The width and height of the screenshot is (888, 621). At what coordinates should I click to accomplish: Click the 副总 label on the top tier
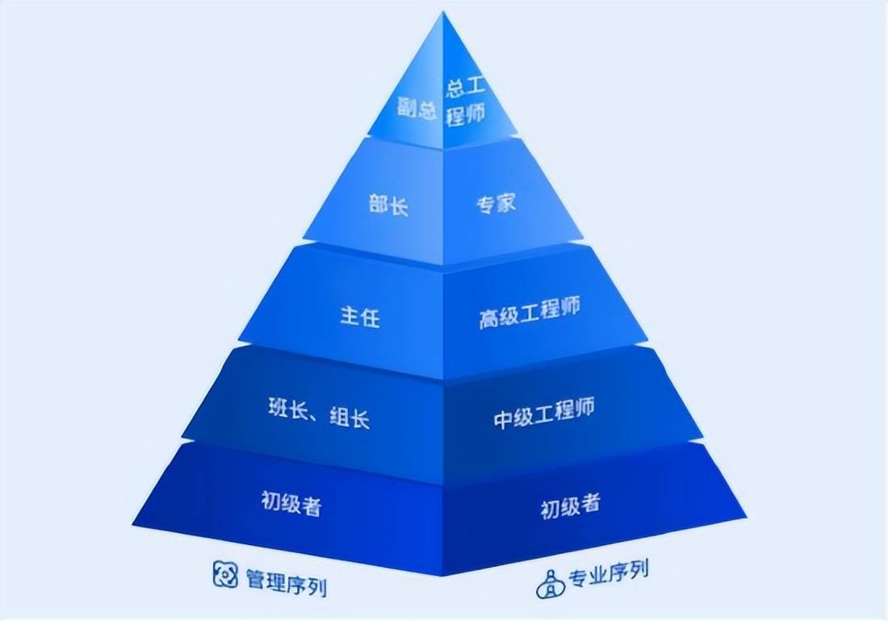coord(417,107)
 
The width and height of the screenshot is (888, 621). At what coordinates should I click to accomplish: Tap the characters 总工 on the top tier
coord(466,88)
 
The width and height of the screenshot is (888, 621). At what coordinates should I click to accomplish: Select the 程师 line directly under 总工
coord(466,115)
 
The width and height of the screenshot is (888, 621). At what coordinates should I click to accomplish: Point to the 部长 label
coord(388,204)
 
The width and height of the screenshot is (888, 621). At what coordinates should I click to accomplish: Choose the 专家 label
coord(496,203)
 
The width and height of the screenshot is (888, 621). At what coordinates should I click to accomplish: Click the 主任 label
coord(360,317)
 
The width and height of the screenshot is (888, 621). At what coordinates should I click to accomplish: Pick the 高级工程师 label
coord(530,312)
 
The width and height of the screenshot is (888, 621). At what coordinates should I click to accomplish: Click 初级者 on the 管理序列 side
coord(291,502)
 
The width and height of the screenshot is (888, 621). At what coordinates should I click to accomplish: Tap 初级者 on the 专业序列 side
coord(570,505)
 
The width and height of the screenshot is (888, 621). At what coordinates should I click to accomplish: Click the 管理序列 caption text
coord(287,581)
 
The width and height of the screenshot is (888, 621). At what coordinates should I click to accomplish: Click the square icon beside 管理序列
coord(225,574)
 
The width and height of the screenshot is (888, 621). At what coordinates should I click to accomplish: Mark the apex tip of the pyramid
coord(443,11)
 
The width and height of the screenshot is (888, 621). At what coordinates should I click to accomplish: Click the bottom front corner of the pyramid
coord(442,575)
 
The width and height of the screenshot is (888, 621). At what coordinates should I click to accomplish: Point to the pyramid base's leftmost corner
coord(133,524)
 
